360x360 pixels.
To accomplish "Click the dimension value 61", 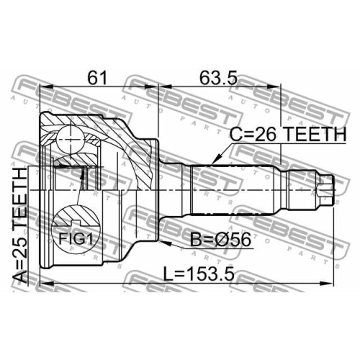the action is [96, 78].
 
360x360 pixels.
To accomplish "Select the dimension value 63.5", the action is [219, 78].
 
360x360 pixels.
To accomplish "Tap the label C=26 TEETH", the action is [288, 134].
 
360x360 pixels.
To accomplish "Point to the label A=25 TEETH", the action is [19, 225].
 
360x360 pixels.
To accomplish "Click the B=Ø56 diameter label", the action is [220, 240].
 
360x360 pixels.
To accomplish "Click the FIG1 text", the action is [76, 239].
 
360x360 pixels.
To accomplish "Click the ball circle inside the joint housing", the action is [71, 140].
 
